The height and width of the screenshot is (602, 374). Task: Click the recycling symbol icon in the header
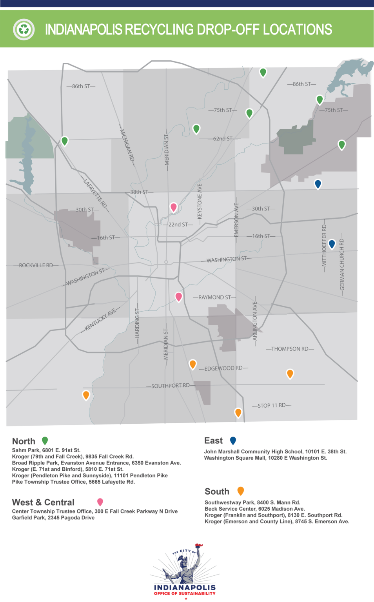tap(24, 29)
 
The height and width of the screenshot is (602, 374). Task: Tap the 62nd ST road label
tap(223, 138)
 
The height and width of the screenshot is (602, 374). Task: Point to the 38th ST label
tap(139, 192)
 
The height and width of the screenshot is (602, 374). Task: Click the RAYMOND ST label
tap(214, 297)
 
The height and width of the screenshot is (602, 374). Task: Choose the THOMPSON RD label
tap(290, 349)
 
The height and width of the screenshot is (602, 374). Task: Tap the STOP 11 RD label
tap(271, 405)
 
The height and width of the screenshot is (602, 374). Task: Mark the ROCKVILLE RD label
tap(36, 265)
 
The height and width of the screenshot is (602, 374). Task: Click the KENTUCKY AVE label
tap(100, 319)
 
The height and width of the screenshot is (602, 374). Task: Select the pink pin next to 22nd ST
tap(174, 207)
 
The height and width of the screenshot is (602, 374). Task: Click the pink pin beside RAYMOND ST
tap(179, 296)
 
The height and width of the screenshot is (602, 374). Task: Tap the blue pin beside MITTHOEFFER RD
tap(332, 244)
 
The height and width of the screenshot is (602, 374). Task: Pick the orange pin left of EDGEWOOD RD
tap(192, 364)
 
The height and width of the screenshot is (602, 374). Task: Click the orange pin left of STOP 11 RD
tap(238, 412)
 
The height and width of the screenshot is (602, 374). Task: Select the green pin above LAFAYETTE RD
tap(65, 141)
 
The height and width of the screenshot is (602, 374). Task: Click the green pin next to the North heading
tap(45, 441)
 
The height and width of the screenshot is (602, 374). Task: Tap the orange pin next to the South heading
tap(241, 491)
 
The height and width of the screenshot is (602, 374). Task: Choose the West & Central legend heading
tap(43, 502)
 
